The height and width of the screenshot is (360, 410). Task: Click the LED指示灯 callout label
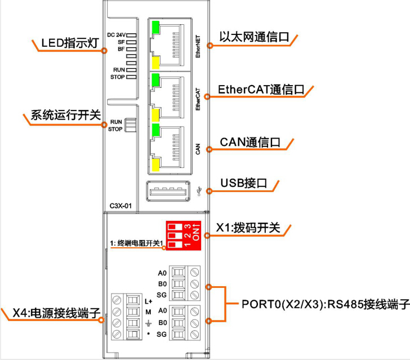(64, 43)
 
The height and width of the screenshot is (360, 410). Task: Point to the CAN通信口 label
(248, 142)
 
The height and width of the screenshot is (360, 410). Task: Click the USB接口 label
(243, 184)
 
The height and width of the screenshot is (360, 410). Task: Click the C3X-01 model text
(121, 206)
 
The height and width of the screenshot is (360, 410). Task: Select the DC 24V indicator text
(116, 34)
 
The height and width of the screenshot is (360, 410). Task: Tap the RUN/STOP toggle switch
(130, 125)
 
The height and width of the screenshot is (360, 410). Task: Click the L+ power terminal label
(148, 300)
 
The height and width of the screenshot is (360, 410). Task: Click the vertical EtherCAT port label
(198, 99)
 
